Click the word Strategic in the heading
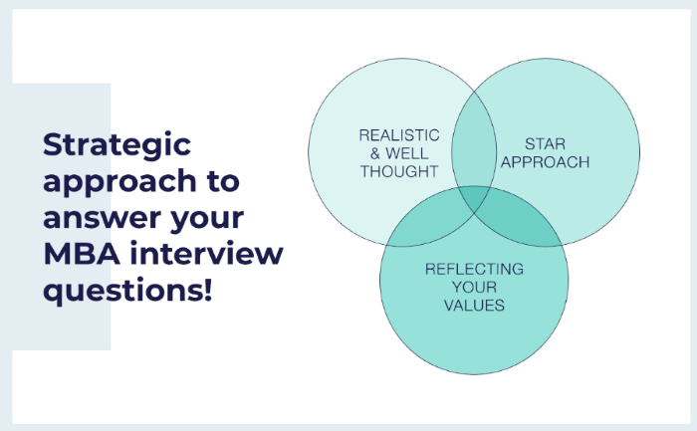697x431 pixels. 116,145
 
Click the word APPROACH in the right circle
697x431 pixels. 544,162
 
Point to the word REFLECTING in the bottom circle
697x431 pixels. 474,270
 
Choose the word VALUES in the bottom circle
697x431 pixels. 474,306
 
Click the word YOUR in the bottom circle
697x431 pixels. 474,288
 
